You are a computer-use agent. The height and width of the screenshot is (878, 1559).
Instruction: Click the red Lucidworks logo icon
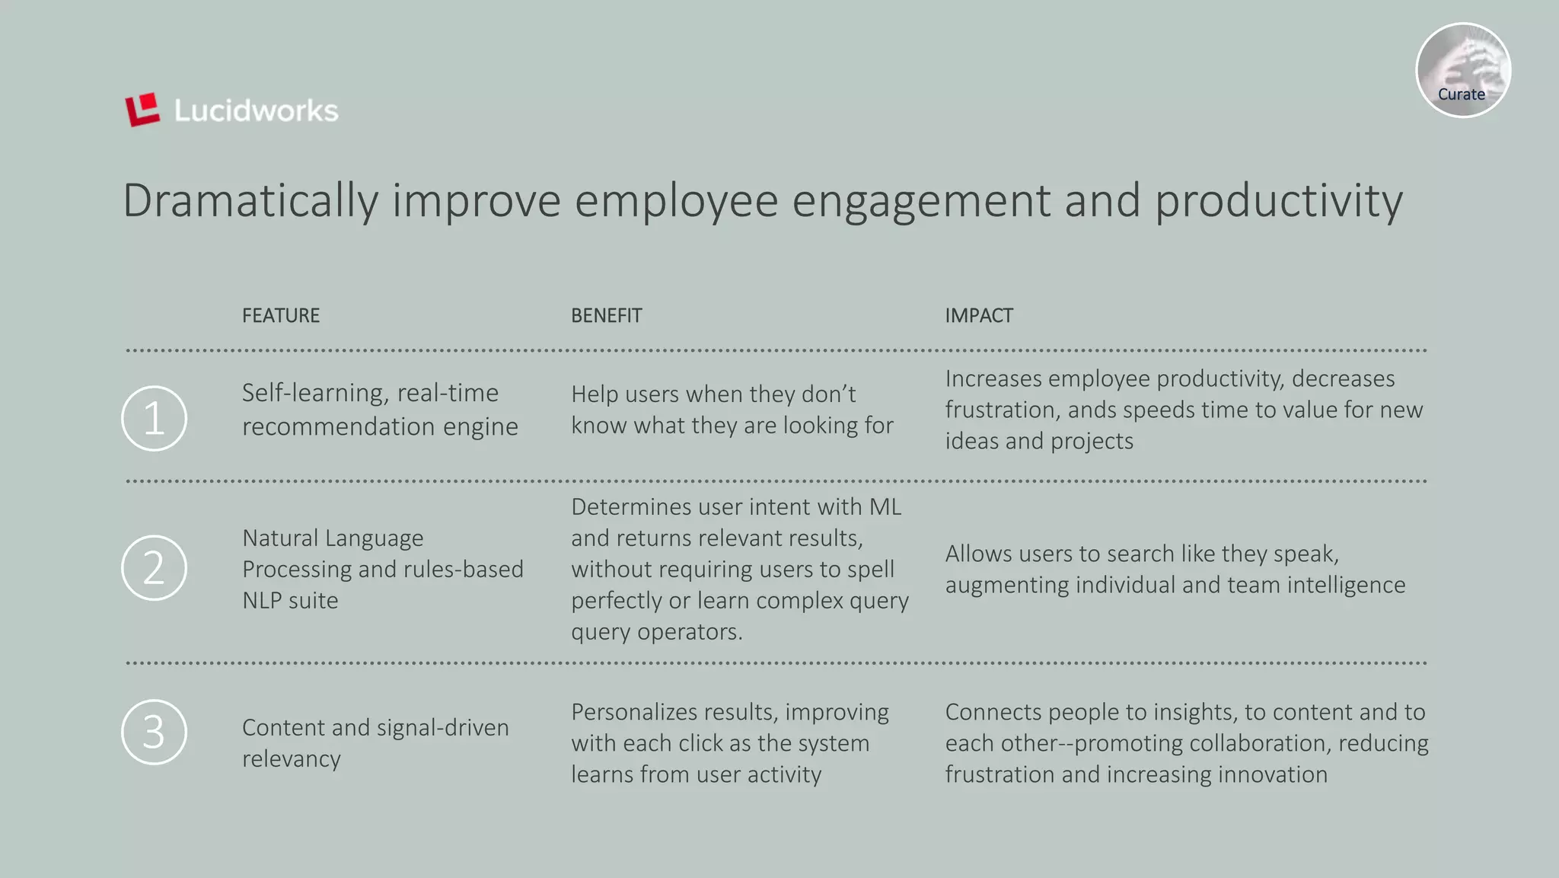(x=142, y=110)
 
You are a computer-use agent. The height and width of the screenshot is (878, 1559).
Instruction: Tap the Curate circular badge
(x=1462, y=70)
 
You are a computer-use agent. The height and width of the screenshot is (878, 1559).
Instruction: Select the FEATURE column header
(x=281, y=315)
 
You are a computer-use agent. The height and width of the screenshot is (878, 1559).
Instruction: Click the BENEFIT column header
(x=607, y=315)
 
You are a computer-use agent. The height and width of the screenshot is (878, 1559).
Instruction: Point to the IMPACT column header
(x=979, y=315)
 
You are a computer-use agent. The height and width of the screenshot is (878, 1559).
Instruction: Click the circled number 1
(x=154, y=418)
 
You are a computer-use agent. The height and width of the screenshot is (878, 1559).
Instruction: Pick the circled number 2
(x=154, y=568)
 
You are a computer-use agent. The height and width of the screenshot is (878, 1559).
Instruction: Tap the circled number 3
(x=154, y=732)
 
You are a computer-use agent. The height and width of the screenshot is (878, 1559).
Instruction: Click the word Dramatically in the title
(x=250, y=201)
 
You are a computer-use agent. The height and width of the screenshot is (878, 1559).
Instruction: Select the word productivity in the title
(x=1278, y=201)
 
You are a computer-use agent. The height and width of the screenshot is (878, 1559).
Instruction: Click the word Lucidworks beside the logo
(x=256, y=111)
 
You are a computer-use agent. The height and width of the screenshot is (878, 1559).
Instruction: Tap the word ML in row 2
(x=885, y=507)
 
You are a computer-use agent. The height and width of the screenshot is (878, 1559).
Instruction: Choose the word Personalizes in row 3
(x=635, y=712)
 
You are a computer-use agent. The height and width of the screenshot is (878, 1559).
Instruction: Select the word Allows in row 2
(x=979, y=554)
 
